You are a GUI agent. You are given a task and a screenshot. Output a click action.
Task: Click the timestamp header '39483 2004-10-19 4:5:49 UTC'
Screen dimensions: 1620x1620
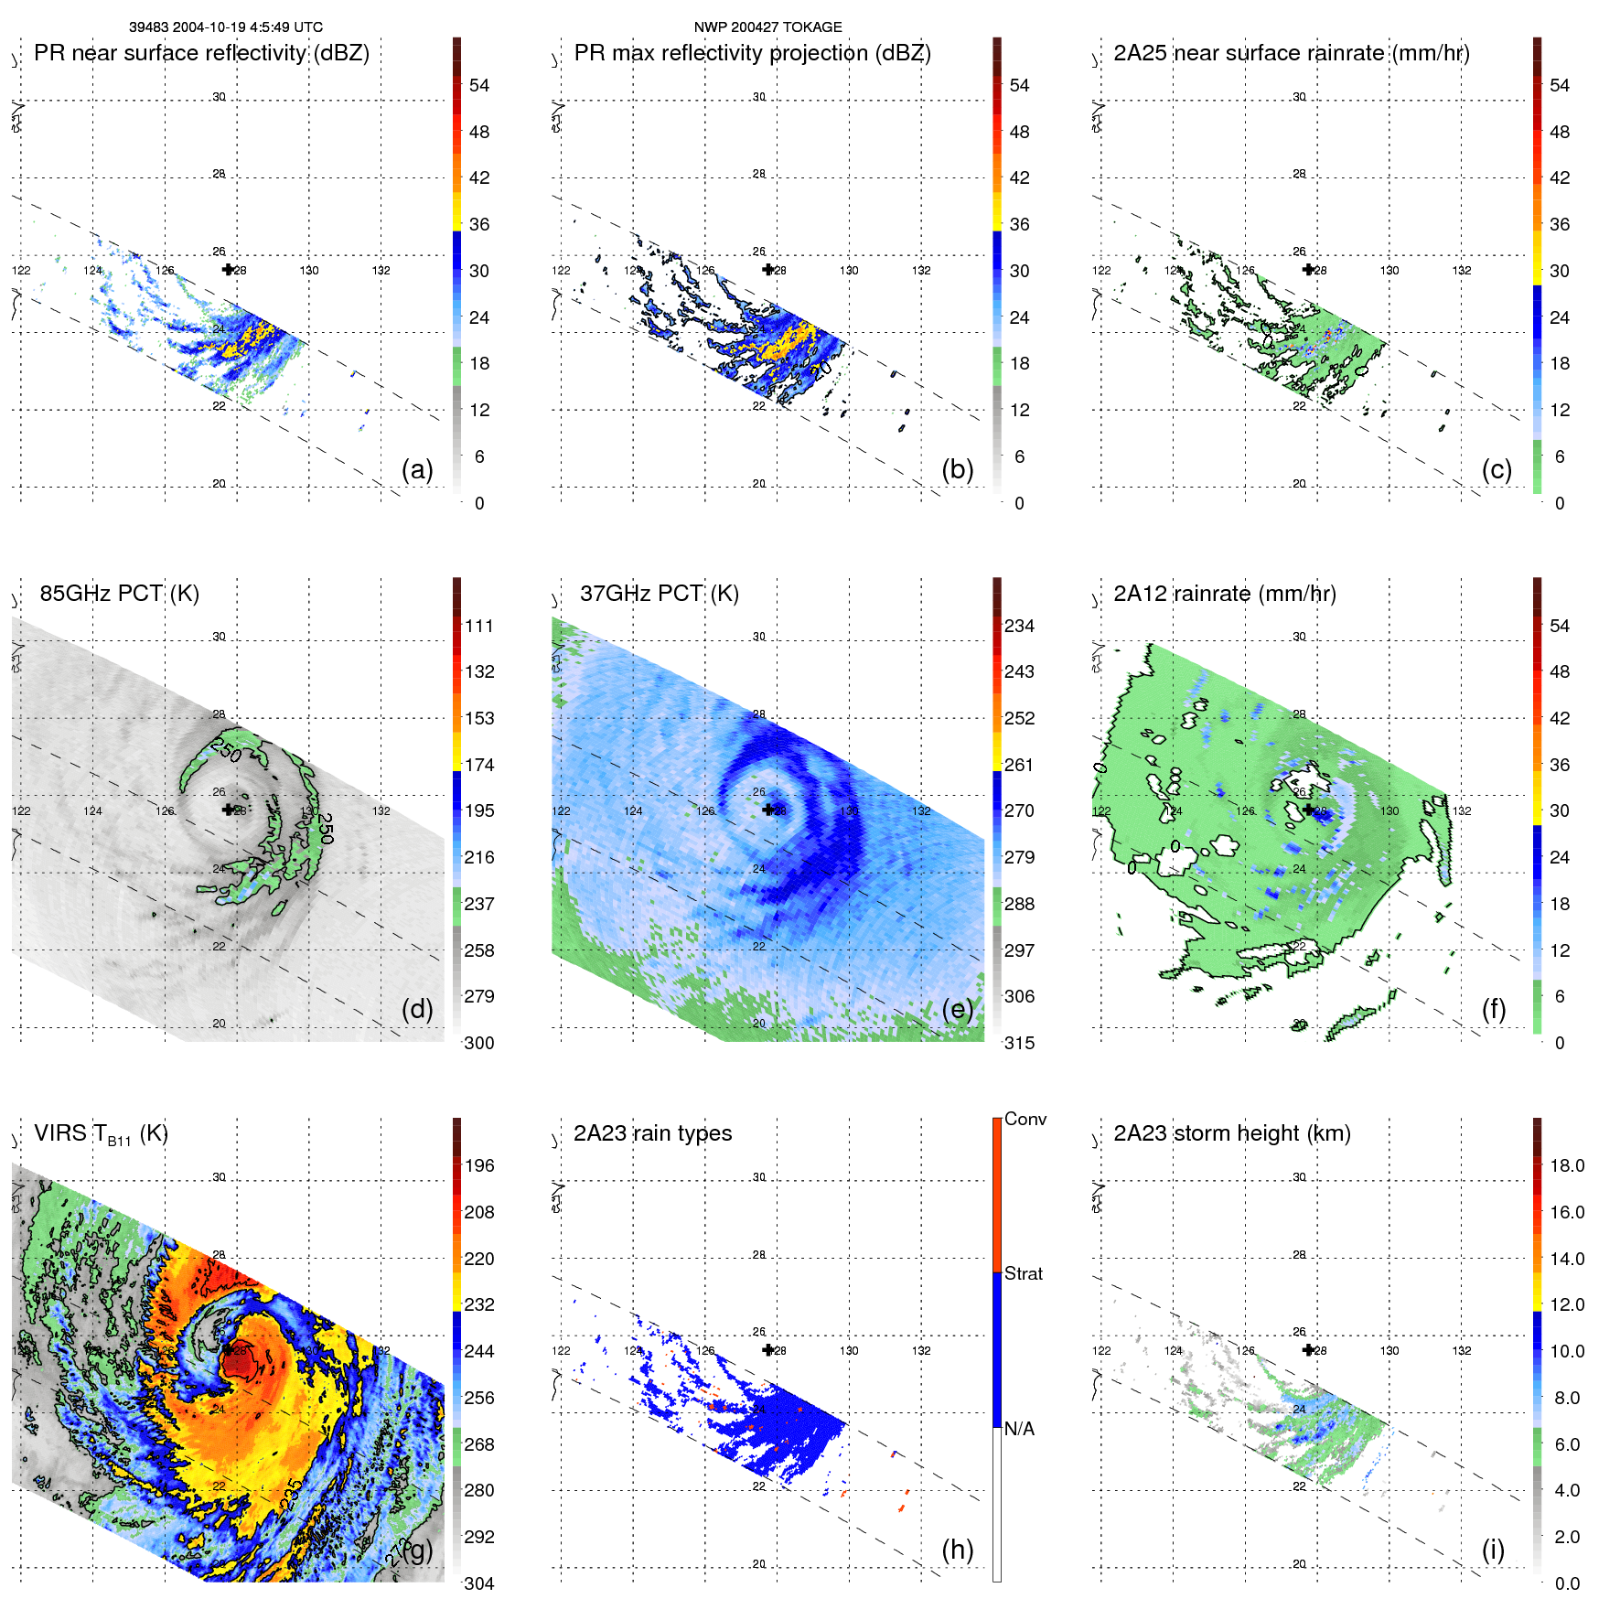(225, 27)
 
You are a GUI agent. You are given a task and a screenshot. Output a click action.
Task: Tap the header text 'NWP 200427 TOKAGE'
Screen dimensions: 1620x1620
(767, 27)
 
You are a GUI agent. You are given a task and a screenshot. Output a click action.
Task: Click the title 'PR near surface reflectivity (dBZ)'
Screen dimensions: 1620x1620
(201, 53)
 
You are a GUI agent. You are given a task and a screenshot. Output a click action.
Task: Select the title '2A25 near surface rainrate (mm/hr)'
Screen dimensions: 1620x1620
(1291, 53)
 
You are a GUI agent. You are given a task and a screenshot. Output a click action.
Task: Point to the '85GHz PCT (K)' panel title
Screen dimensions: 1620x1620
(119, 594)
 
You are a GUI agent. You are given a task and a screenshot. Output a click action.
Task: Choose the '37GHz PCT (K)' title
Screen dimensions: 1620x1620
(659, 594)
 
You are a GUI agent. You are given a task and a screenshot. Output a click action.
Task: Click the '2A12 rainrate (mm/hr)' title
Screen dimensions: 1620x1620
(1224, 594)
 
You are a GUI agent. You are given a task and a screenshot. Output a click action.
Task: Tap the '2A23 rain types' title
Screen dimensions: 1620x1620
(652, 1133)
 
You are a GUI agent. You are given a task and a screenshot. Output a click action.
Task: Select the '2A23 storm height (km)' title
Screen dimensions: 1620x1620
(1231, 1133)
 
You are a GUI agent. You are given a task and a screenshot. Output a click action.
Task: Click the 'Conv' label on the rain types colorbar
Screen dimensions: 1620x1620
(1025, 1119)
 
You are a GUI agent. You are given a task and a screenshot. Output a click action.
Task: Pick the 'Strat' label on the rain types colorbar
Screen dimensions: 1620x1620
(1023, 1273)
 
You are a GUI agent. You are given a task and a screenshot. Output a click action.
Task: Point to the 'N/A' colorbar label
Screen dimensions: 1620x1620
(1019, 1429)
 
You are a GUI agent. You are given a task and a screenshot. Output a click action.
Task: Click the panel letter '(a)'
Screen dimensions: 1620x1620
(417, 469)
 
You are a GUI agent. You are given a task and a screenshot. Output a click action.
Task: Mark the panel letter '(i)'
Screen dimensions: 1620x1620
(1493, 1550)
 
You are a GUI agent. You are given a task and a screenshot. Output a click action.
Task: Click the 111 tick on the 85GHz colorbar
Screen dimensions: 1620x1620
(478, 626)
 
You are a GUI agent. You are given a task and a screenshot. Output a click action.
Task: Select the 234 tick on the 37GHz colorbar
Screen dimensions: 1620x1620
(1019, 626)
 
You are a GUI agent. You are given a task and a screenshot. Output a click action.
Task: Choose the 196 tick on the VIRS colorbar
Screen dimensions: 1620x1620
(478, 1165)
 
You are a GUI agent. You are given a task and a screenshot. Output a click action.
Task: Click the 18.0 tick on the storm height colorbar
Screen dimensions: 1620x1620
(1566, 1165)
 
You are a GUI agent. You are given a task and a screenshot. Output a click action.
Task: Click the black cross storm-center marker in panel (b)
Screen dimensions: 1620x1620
(768, 270)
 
